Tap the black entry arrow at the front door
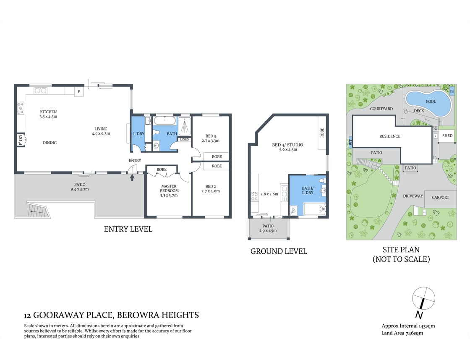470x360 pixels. click(133, 177)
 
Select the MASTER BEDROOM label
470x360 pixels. click(169, 188)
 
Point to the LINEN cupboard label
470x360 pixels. click(185, 140)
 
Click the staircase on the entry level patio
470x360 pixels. click(38, 210)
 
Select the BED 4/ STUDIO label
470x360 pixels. click(287, 145)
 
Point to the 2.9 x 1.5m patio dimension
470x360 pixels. click(269, 231)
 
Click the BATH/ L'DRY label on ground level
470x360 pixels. click(308, 190)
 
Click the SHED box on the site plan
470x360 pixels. click(447, 136)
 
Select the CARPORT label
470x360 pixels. click(440, 197)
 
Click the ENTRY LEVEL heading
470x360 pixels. click(128, 229)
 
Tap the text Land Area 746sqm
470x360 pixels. click(402, 333)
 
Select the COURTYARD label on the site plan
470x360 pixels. click(381, 109)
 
